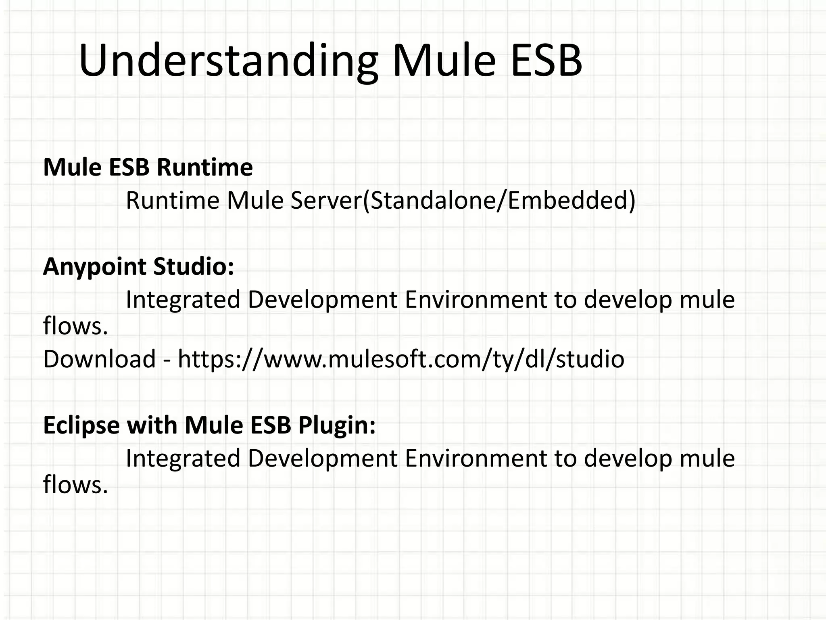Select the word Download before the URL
pyautogui.click(x=99, y=359)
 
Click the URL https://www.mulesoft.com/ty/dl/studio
pyautogui.click(x=401, y=359)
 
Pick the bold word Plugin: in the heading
pyautogui.click(x=337, y=425)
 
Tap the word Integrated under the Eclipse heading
pyautogui.click(x=183, y=459)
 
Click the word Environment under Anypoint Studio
pyautogui.click(x=476, y=300)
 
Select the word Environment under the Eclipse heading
pyautogui.click(x=476, y=459)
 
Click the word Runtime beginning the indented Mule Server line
pyautogui.click(x=172, y=201)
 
